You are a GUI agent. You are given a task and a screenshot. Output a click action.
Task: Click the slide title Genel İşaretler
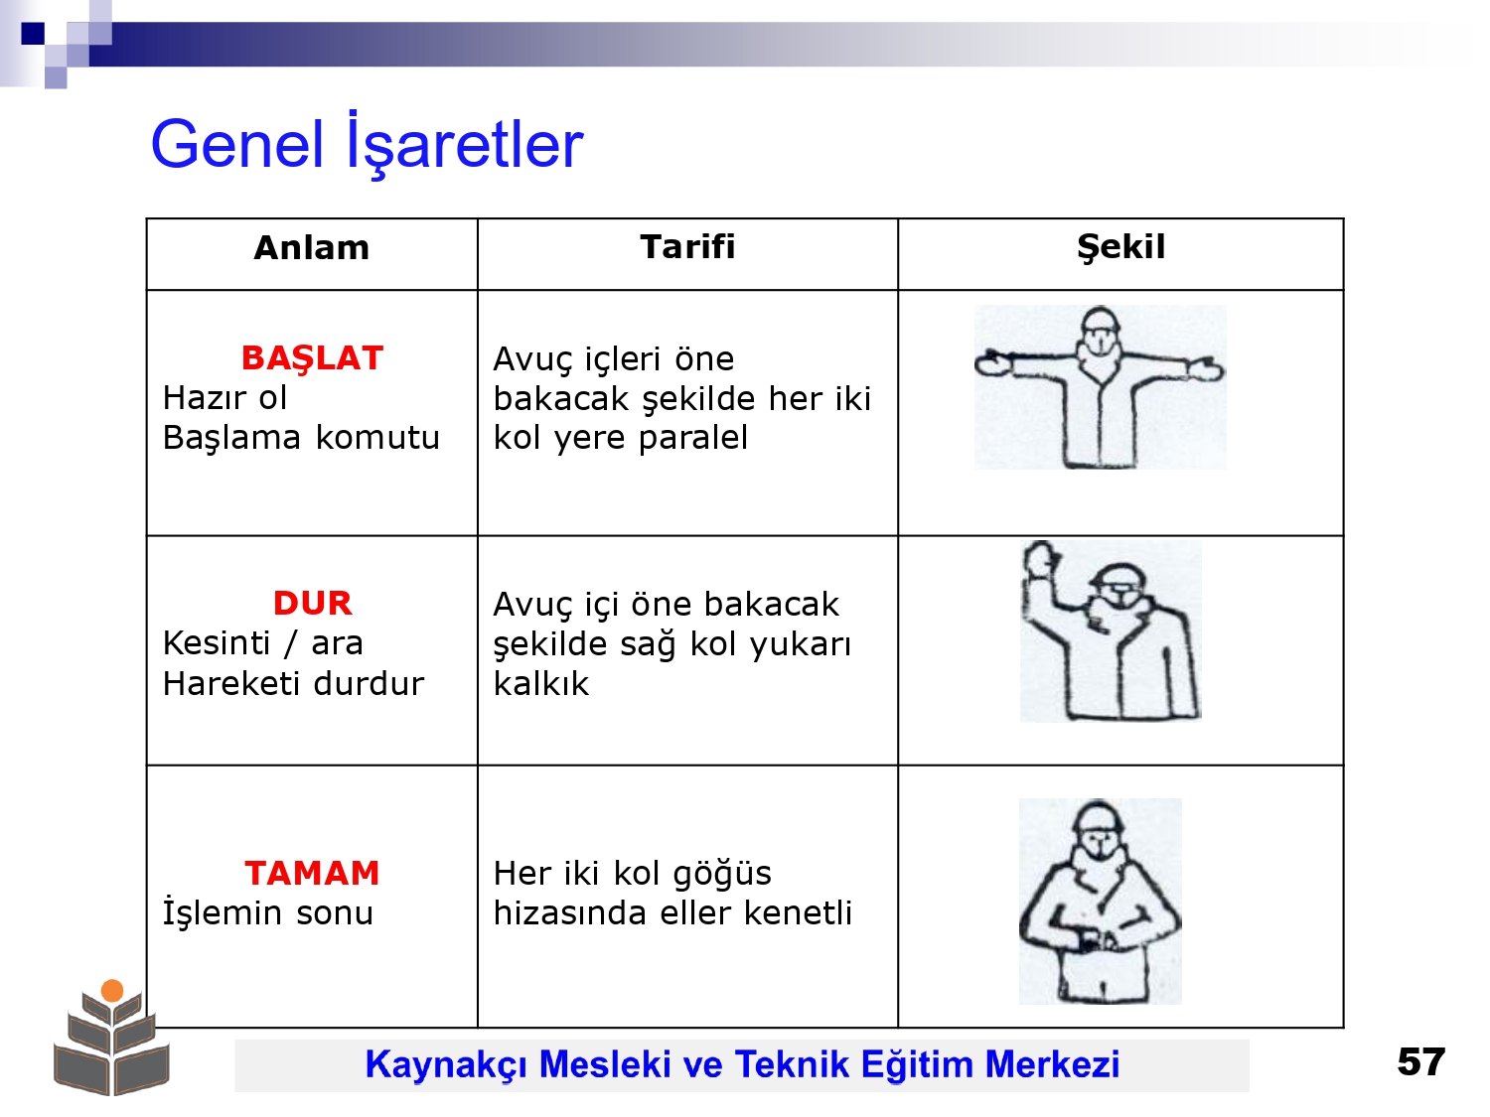pyautogui.click(x=367, y=144)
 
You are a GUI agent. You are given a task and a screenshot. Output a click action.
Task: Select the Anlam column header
pyautogui.click(x=312, y=247)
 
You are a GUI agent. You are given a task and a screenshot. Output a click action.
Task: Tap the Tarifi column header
pyautogui.click(x=687, y=246)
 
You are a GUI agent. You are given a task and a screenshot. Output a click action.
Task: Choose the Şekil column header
pyautogui.click(x=1120, y=248)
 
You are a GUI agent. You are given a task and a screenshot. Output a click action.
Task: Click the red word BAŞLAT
pyautogui.click(x=312, y=358)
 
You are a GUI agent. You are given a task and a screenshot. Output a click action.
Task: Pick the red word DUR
pyautogui.click(x=312, y=603)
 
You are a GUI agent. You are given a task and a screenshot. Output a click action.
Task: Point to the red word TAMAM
pyautogui.click(x=312, y=873)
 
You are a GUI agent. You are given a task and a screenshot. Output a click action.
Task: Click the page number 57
pyautogui.click(x=1420, y=1061)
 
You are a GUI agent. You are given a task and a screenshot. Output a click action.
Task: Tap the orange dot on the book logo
pyautogui.click(x=112, y=991)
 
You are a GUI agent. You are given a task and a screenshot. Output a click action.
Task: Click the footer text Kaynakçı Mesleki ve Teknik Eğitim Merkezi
pyautogui.click(x=742, y=1063)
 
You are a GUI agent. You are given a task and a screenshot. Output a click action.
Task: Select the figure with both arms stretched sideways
pyautogui.click(x=1100, y=387)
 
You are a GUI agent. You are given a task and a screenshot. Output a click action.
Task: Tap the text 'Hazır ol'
pyautogui.click(x=224, y=398)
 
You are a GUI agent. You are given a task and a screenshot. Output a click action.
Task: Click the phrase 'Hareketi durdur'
pyautogui.click(x=293, y=683)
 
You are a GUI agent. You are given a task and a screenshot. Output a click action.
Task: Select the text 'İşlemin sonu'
pyautogui.click(x=268, y=912)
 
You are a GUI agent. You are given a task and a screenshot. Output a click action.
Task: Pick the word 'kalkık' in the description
pyautogui.click(x=541, y=683)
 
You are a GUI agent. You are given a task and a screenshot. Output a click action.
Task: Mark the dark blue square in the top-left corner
pyautogui.click(x=33, y=34)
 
